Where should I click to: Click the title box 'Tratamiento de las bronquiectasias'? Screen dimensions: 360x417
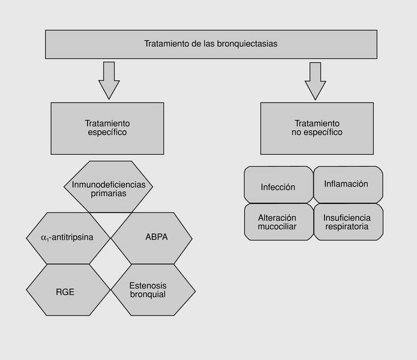point(211,44)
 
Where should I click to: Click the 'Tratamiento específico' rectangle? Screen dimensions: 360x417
point(107,128)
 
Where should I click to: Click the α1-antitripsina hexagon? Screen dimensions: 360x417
point(67,237)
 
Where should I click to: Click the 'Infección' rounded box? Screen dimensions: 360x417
point(278,187)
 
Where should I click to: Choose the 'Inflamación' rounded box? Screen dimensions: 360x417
point(346,184)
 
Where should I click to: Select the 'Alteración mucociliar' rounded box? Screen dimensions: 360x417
point(278,222)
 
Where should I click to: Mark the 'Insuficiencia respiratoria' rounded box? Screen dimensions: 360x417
point(347,222)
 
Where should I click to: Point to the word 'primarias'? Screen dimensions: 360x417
point(109,194)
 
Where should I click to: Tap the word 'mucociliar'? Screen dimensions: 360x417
point(277,227)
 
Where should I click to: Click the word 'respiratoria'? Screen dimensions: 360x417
point(347,227)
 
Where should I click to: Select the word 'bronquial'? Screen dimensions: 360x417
point(148,295)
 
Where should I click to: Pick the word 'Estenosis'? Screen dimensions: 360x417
point(148,285)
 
